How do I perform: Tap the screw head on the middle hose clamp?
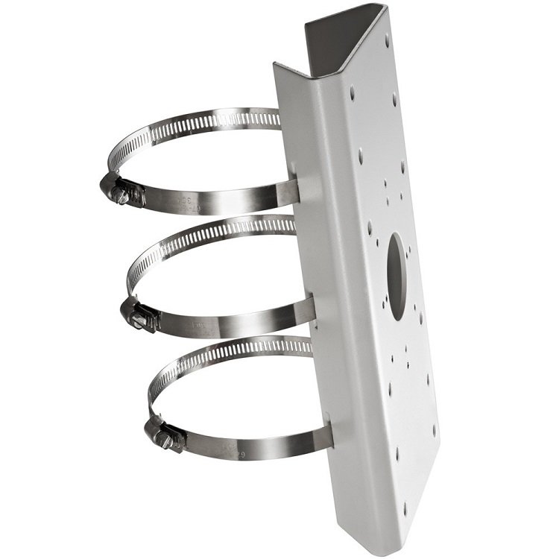coord(139,318)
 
